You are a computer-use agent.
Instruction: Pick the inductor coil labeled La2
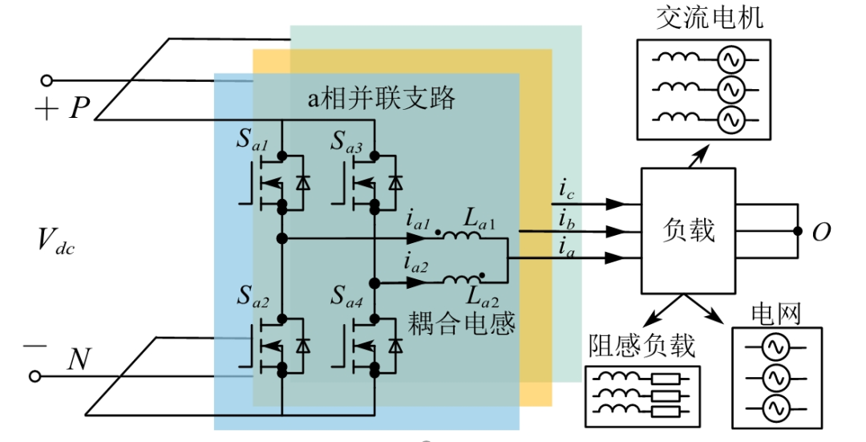click(x=463, y=280)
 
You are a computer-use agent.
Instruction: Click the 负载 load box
click(x=688, y=231)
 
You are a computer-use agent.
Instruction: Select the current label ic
click(x=565, y=190)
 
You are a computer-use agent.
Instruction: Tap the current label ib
click(x=565, y=218)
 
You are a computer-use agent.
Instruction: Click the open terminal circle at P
click(x=47, y=80)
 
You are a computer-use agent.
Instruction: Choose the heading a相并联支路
click(x=382, y=98)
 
